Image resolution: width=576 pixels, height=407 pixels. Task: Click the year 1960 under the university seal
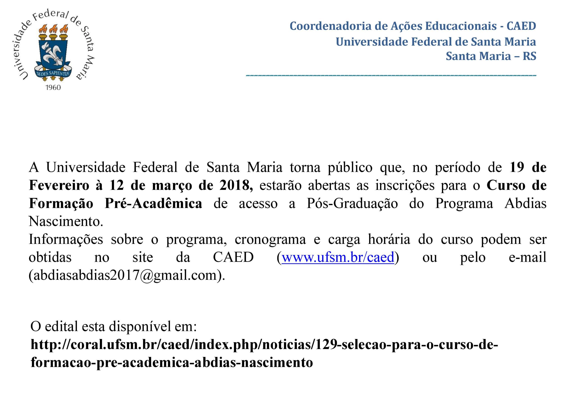tap(53, 87)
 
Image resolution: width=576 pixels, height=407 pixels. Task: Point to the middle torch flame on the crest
tap(53, 29)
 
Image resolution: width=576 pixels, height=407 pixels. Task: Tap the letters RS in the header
tap(529, 56)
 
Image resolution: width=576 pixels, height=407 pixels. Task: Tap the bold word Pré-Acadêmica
tap(153, 204)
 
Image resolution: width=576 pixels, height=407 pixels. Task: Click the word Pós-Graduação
tap(352, 204)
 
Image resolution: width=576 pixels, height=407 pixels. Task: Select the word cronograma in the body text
tap(270, 239)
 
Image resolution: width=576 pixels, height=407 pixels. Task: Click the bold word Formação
tap(61, 204)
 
